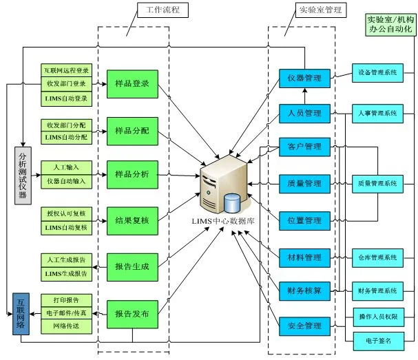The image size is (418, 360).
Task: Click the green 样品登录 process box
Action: coord(132,83)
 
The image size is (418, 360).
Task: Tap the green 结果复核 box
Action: coord(132,220)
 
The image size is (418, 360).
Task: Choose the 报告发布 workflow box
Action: coord(132,312)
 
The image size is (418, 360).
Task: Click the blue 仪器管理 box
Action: coord(304,78)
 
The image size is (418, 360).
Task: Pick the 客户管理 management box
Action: coord(304,147)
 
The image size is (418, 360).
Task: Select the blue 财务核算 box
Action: coord(304,290)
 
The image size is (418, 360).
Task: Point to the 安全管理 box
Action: coord(304,324)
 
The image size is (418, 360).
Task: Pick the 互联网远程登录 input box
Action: coord(66,71)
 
